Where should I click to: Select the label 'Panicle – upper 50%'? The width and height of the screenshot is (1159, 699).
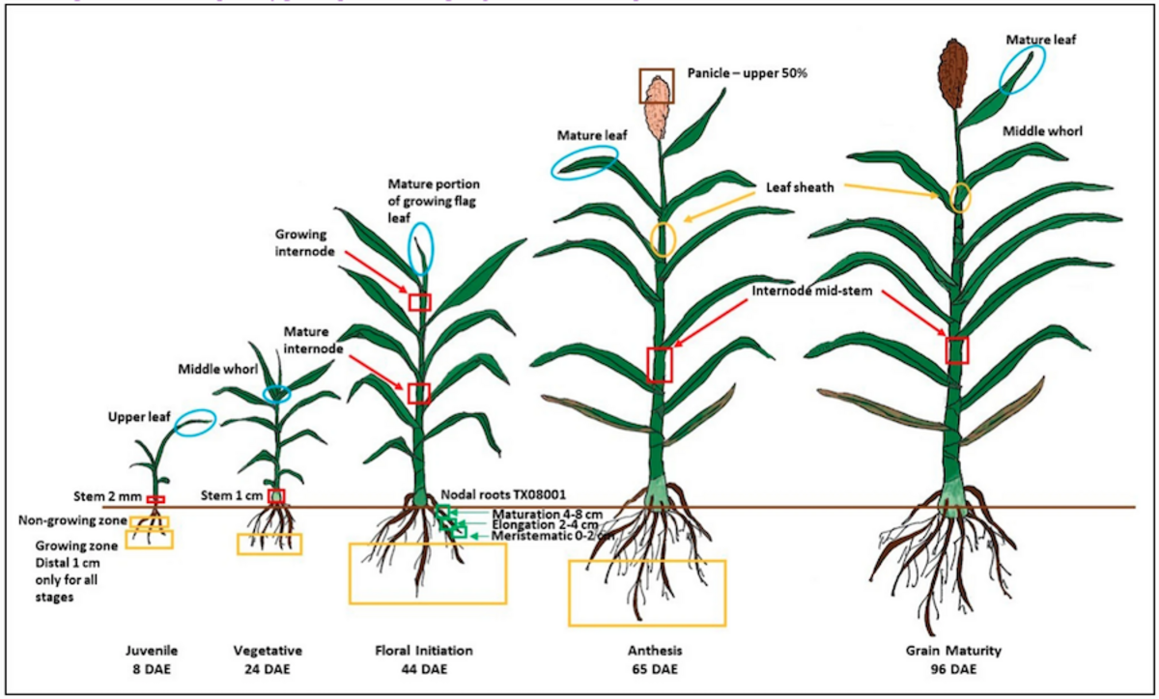[747, 72]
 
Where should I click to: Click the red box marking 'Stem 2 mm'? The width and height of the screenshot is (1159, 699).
[155, 499]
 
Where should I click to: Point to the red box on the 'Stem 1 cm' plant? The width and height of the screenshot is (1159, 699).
[276, 496]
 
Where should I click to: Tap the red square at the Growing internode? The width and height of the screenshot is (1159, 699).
[419, 301]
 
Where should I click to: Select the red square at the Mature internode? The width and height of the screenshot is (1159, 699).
[418, 393]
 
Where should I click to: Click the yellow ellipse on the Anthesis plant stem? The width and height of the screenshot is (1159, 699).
[662, 238]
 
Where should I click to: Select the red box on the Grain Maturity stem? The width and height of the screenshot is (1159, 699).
[956, 349]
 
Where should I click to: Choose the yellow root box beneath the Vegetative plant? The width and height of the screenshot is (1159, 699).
[269, 544]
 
